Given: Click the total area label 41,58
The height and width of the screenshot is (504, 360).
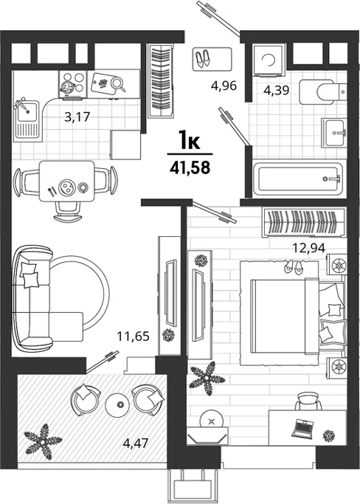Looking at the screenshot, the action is [x=190, y=168].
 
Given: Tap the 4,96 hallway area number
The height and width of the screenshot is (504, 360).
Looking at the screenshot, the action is [x=224, y=86].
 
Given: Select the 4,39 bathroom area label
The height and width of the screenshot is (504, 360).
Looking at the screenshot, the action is [x=277, y=90].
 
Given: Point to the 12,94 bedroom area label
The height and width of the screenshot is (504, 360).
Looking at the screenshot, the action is [x=308, y=248].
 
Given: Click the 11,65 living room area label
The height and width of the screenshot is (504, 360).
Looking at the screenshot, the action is [x=133, y=336].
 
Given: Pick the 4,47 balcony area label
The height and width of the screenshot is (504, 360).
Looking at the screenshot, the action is [x=135, y=443].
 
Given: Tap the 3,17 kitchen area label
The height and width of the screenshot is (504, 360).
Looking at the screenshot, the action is [x=77, y=117].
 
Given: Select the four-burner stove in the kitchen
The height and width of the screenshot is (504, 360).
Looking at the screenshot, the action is [x=73, y=84].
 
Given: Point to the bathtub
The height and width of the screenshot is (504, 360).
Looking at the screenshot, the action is [x=297, y=179].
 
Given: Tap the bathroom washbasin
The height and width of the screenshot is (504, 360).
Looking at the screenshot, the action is [x=334, y=132].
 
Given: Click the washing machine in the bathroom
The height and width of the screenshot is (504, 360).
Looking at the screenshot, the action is [x=269, y=60].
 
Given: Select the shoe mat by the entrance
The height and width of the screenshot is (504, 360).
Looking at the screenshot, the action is [x=212, y=59].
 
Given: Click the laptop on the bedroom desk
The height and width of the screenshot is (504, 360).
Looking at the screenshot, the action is [x=302, y=429].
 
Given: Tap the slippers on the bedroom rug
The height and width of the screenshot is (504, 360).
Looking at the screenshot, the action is [x=293, y=266].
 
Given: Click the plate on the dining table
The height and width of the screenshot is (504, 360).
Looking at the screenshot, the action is [x=67, y=187].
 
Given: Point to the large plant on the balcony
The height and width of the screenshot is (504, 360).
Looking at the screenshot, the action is [x=43, y=441].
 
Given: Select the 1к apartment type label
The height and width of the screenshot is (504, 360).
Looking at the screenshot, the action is [x=190, y=141].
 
